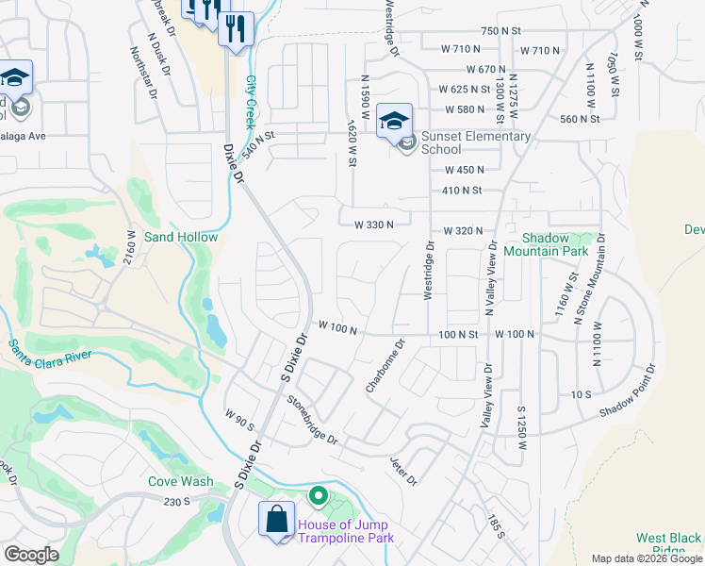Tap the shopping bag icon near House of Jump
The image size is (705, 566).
click(276, 521)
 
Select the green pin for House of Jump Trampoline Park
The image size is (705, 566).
click(319, 495)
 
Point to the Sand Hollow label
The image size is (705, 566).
click(180, 237)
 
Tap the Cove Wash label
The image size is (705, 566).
click(180, 481)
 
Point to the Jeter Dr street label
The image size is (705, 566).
click(403, 471)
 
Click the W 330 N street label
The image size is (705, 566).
click(373, 225)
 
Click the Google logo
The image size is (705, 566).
click(31, 555)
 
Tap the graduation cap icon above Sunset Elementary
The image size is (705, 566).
click(395, 121)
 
